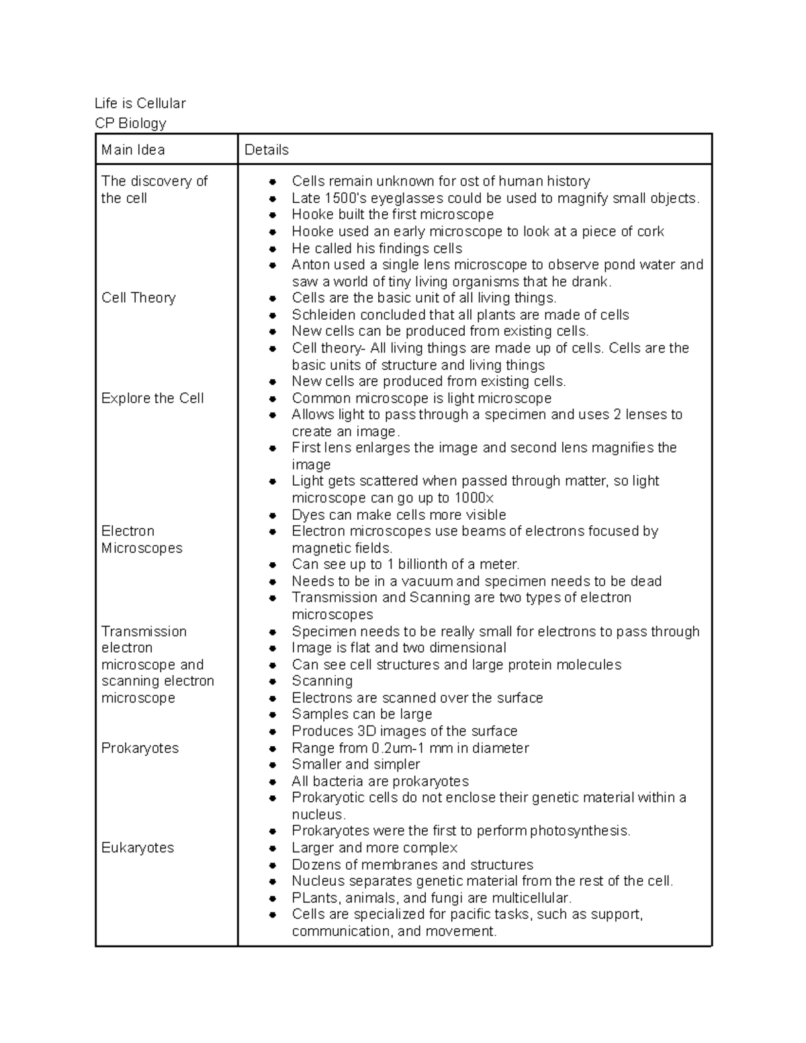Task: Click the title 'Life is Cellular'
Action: point(140,103)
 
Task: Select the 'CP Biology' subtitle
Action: point(130,123)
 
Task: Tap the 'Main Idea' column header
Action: point(133,150)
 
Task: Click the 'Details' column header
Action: point(267,150)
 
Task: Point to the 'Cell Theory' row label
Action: point(138,298)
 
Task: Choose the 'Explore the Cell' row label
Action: point(152,398)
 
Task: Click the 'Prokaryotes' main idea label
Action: point(140,748)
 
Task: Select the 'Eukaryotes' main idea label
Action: point(138,848)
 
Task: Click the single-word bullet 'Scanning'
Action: point(322,681)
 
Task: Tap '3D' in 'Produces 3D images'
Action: point(364,731)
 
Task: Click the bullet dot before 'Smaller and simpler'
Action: point(272,765)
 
